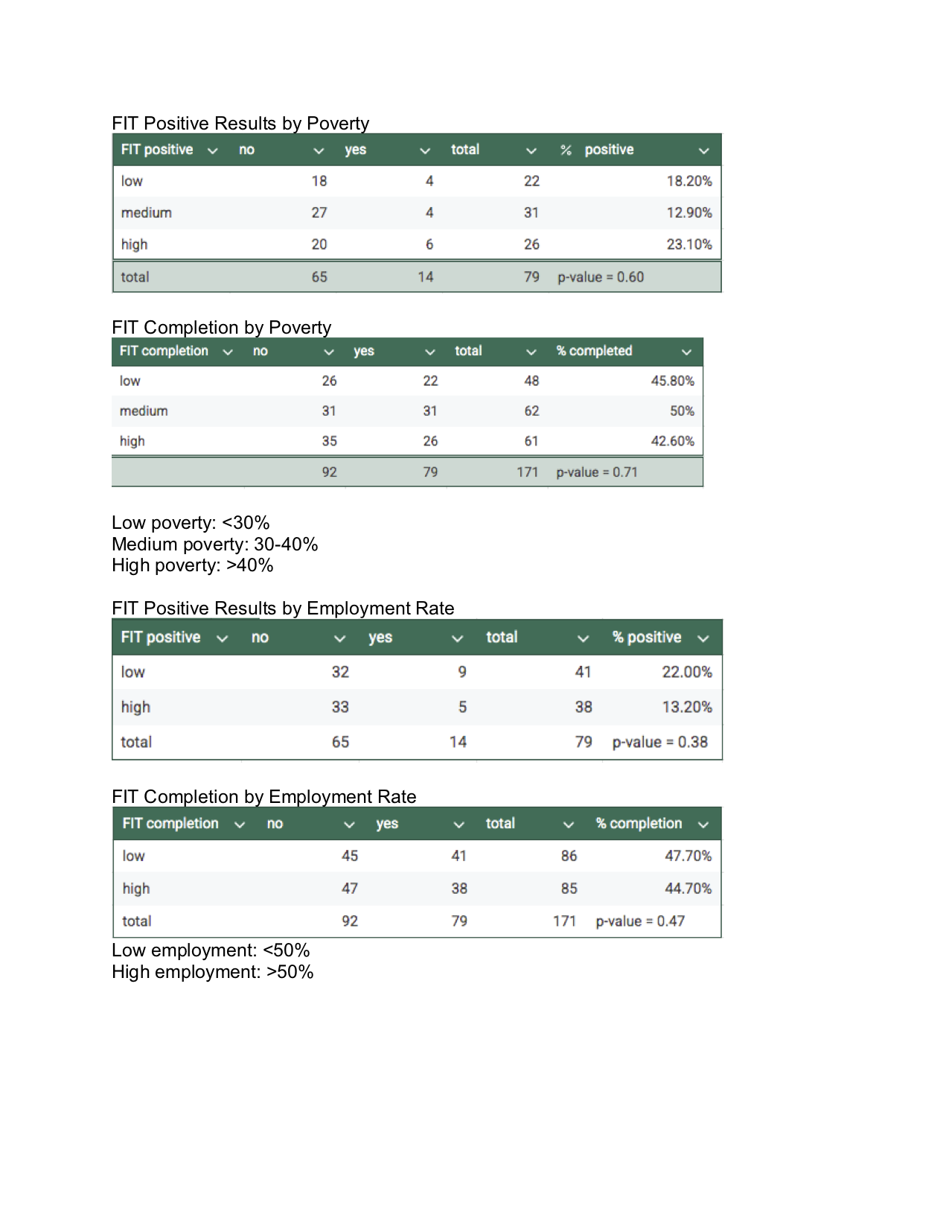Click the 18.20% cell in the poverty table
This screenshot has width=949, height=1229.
point(688,181)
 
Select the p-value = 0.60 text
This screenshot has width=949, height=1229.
point(601,277)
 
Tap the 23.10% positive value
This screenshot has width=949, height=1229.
point(688,244)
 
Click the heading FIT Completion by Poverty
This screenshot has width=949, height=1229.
point(221,328)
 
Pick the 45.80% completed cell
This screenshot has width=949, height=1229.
point(672,381)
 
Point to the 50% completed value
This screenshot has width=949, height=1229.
point(682,411)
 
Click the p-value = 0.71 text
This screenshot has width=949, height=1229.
point(597,472)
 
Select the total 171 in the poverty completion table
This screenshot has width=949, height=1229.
point(527,472)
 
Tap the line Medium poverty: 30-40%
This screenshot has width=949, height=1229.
point(214,544)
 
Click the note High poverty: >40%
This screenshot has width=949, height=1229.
point(192,565)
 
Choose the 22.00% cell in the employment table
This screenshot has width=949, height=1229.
point(686,672)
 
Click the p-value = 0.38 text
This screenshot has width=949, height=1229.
point(659,742)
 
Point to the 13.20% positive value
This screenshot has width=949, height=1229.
point(686,707)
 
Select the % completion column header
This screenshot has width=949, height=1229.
point(639,824)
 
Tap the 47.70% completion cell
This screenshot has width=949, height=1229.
point(688,856)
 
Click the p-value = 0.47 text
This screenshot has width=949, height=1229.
point(640,921)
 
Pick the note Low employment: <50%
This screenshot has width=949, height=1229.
point(210,950)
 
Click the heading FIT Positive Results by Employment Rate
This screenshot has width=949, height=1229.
point(283,609)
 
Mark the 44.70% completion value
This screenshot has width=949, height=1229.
point(688,889)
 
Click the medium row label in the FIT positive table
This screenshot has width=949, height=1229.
point(147,213)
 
